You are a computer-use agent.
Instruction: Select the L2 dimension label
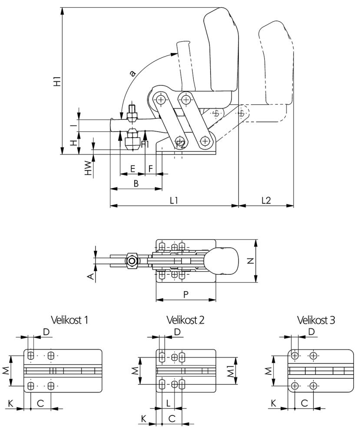tap(266, 200)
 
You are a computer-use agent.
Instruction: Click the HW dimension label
tap(88, 168)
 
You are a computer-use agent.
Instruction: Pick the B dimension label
tap(135, 184)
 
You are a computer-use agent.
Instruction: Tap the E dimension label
tap(132, 168)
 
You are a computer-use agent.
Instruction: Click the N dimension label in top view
tap(263, 260)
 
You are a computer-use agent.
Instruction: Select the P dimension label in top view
tap(185, 294)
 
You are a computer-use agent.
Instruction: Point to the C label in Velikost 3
tap(304, 404)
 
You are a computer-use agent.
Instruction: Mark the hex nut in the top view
tap(132, 261)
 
